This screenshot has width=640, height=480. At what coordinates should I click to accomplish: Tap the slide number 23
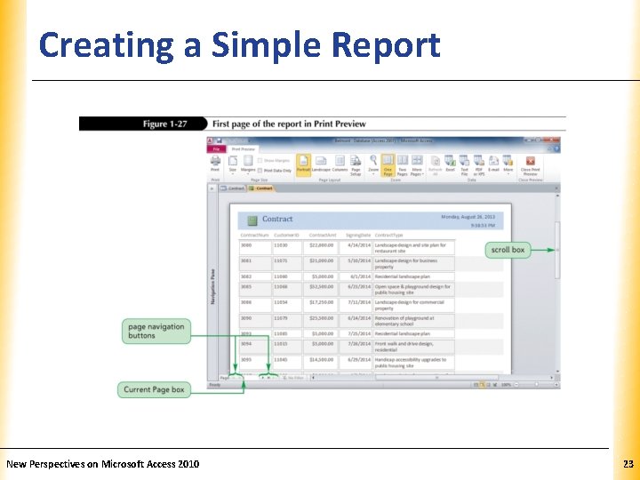click(628, 464)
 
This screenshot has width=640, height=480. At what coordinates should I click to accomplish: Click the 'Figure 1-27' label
click(167, 124)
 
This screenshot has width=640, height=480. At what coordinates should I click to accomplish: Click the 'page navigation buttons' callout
click(156, 331)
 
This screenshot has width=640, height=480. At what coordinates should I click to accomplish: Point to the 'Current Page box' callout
click(154, 389)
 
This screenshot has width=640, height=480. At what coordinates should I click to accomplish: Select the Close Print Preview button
click(531, 164)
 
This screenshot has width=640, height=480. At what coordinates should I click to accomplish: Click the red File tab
click(216, 149)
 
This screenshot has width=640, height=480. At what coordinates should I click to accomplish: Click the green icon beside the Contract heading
click(252, 220)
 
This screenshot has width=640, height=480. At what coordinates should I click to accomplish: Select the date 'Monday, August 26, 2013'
click(471, 216)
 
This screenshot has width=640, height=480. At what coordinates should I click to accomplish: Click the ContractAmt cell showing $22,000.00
click(322, 245)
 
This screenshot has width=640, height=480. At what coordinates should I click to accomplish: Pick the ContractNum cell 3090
click(246, 317)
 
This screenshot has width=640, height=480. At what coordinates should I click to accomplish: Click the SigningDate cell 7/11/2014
click(357, 303)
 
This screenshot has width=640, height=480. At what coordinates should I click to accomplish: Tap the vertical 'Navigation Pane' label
click(212, 286)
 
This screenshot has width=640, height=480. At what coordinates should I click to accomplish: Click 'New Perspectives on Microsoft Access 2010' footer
click(103, 464)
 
